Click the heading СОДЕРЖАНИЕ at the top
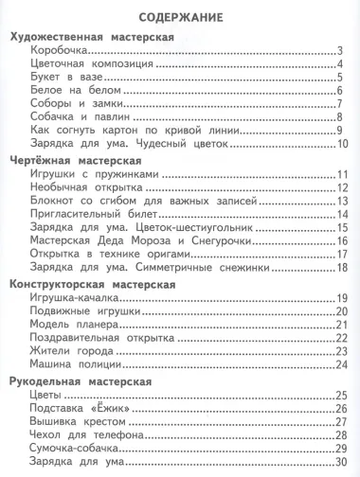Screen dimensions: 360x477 [180, 17]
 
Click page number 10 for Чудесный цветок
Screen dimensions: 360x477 [344, 144]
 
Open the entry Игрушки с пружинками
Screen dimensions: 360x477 [99, 174]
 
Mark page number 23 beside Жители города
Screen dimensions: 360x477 [344, 351]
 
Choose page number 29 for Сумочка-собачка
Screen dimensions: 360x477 [344, 450]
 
